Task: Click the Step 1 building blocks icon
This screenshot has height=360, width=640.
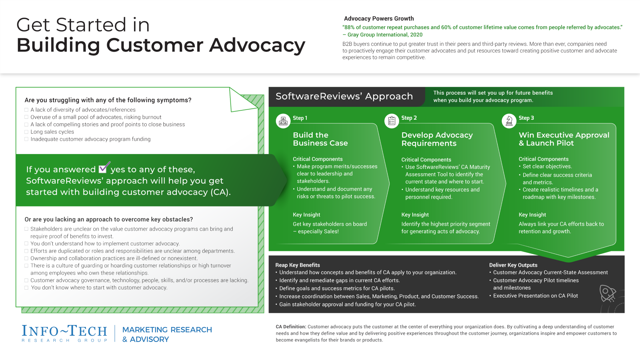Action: click(x=283, y=121)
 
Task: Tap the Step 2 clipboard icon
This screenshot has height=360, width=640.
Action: click(x=392, y=121)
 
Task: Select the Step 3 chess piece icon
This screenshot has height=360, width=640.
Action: click(x=509, y=121)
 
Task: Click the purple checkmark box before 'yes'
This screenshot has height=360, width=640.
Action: click(x=103, y=168)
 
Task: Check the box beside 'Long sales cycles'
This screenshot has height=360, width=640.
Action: click(x=26, y=132)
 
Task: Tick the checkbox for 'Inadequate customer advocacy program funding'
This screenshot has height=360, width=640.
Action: click(x=26, y=139)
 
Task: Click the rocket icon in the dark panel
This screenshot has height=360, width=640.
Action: click(x=607, y=293)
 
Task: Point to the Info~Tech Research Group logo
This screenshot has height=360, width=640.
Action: click(x=64, y=334)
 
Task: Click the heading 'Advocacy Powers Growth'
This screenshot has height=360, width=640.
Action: click(x=379, y=19)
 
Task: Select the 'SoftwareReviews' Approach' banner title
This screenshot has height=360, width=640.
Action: click(x=344, y=96)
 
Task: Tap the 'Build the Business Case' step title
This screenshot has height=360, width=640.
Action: click(x=320, y=139)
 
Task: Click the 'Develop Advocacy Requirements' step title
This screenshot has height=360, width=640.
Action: click(x=437, y=139)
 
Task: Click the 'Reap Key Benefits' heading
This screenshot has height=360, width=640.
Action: click(x=297, y=265)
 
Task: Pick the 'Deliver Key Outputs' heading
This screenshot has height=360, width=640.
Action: click(x=513, y=265)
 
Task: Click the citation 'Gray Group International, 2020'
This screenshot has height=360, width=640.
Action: click(x=385, y=35)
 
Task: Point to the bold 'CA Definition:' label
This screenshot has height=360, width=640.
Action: click(x=291, y=327)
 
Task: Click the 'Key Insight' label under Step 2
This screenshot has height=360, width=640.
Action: click(x=415, y=215)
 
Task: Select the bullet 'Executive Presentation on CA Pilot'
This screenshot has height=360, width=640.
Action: click(x=535, y=296)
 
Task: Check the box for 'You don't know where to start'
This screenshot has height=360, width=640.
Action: click(x=26, y=288)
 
